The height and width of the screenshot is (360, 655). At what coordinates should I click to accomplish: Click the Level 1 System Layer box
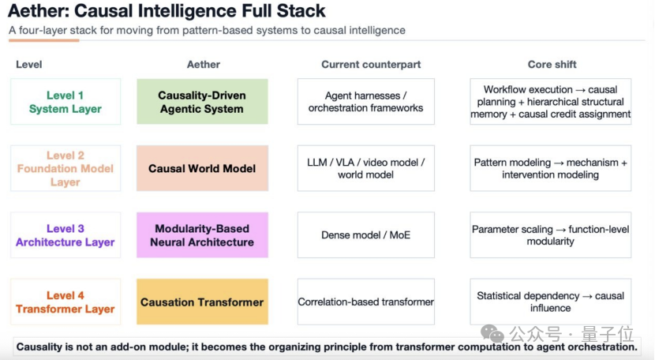point(65,102)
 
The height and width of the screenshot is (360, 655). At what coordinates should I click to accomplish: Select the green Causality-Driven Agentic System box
point(202,102)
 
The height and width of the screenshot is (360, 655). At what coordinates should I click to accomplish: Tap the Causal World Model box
point(202,168)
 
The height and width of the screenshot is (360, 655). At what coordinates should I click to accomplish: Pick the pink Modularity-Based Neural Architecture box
point(202,235)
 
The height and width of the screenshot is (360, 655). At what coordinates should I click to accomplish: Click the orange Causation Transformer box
point(202,302)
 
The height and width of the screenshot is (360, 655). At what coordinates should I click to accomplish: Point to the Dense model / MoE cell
point(366,235)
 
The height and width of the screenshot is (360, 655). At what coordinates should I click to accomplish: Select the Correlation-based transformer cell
point(366,302)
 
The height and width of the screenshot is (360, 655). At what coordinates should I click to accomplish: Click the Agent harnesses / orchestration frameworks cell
point(366,102)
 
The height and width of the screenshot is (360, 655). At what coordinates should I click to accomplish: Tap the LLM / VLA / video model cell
point(366,168)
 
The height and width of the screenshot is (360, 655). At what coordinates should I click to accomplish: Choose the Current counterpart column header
point(371,65)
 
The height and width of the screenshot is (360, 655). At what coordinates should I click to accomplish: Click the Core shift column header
point(552,65)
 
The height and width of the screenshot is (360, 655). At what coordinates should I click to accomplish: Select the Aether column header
point(204,65)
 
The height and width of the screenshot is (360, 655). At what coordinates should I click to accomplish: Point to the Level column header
point(29,65)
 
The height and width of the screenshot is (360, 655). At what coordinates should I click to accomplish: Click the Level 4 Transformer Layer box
point(65,302)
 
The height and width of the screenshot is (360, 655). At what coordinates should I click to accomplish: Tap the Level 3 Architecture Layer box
point(65,235)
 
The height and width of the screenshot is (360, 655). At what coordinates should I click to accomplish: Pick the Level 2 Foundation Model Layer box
point(65,168)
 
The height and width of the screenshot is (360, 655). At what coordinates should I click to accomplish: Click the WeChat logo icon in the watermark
point(492,333)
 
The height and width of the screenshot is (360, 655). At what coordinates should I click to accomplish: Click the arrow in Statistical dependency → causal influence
point(587,296)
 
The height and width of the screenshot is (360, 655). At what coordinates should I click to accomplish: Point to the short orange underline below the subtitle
point(44,40)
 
